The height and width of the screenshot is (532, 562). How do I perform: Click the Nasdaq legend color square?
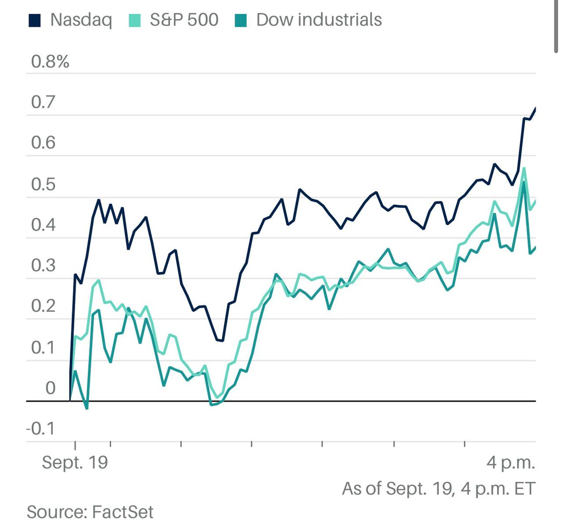click(35, 21)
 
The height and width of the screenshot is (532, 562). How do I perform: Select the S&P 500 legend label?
click(184, 20)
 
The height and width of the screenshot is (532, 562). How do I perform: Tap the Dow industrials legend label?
click(319, 20)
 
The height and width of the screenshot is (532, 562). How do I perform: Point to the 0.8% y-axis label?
click(50, 62)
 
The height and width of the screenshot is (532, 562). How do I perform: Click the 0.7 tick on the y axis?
click(43, 102)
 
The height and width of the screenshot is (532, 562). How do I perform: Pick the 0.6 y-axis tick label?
click(43, 143)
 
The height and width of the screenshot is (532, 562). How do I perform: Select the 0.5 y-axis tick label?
click(43, 184)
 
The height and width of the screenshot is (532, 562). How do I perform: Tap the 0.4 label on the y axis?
click(43, 225)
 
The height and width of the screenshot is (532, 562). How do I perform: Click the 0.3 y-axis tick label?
click(43, 266)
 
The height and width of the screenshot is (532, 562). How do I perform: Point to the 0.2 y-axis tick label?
click(43, 306)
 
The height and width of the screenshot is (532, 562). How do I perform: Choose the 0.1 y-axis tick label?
click(43, 347)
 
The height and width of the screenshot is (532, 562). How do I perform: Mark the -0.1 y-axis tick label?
click(40, 428)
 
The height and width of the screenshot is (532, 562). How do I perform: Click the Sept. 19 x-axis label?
click(75, 463)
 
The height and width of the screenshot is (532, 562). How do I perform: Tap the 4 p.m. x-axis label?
click(511, 463)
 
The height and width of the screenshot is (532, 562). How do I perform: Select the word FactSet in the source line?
click(122, 512)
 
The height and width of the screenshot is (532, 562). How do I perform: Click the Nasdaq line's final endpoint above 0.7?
click(535, 108)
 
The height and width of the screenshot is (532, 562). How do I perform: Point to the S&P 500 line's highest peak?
click(524, 168)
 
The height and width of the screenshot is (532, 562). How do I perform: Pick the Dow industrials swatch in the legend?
click(241, 21)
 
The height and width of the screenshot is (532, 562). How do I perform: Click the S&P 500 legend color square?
click(134, 21)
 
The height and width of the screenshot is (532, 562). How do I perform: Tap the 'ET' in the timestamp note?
click(525, 489)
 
